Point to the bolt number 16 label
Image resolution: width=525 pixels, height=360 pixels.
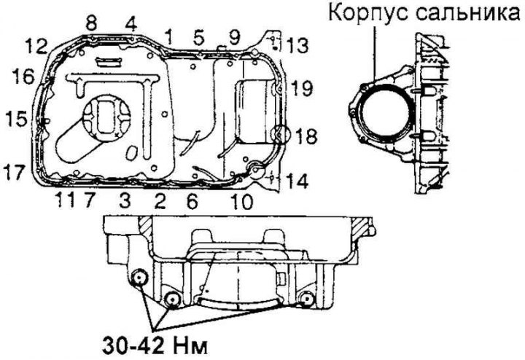23,76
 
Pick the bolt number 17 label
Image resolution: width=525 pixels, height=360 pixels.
16,173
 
